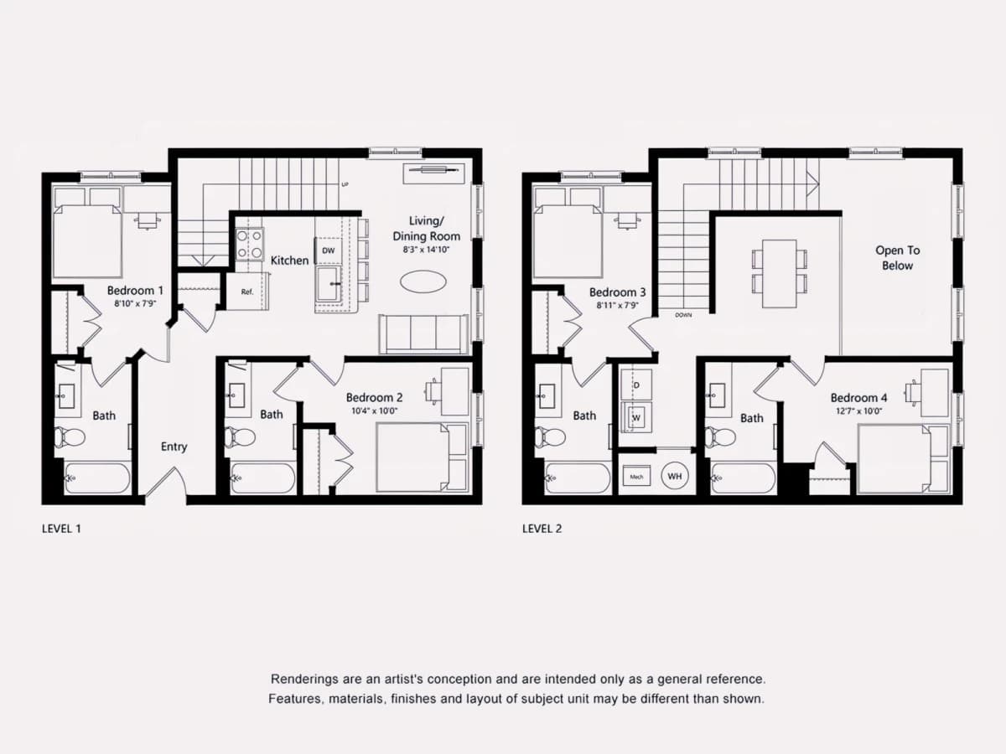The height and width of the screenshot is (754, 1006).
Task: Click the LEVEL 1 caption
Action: [x=61, y=529]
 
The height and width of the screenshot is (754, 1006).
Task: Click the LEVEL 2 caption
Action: [x=542, y=529]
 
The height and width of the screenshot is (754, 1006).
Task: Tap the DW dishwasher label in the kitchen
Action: [x=329, y=250]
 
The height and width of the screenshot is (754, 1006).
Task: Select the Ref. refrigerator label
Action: [x=247, y=292]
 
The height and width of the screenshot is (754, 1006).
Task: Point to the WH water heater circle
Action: [x=675, y=476]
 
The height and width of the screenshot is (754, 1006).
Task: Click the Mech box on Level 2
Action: [x=636, y=477]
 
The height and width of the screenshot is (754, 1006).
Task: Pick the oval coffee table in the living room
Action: [x=423, y=281]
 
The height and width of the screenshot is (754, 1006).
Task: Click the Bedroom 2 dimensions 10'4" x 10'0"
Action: [x=375, y=411]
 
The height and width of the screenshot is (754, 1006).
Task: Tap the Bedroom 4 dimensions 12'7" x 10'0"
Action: [x=858, y=411]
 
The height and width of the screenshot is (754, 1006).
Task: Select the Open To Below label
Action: [x=897, y=258]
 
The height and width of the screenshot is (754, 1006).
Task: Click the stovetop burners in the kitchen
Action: [x=249, y=245]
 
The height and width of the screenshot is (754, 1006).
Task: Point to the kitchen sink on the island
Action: [x=329, y=284]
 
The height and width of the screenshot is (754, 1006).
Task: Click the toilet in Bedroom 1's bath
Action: [x=70, y=436]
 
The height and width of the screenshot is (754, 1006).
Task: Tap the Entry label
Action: [x=174, y=447]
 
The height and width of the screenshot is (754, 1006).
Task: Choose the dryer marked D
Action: [x=636, y=385]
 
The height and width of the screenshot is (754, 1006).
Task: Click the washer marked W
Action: [x=636, y=417]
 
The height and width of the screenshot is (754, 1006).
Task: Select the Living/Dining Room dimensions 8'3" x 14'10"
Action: [x=426, y=250]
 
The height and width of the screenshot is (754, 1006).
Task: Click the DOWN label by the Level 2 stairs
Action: [x=683, y=315]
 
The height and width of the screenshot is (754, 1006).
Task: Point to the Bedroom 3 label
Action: [x=617, y=292]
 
